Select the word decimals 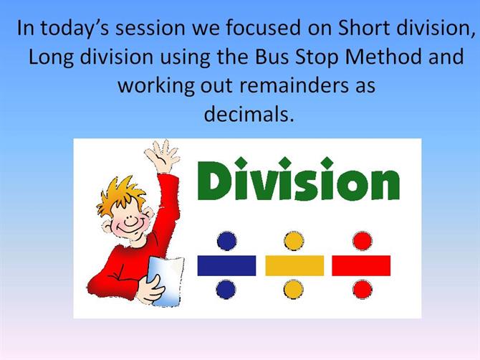tap(249, 114)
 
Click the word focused tap(264, 28)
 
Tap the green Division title tap(299, 179)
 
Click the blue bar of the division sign tap(226, 265)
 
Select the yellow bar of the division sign tap(294, 265)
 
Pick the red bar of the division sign tap(361, 265)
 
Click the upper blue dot tap(227, 241)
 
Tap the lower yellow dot tap(294, 289)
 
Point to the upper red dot tap(363, 241)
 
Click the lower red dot tap(363, 289)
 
